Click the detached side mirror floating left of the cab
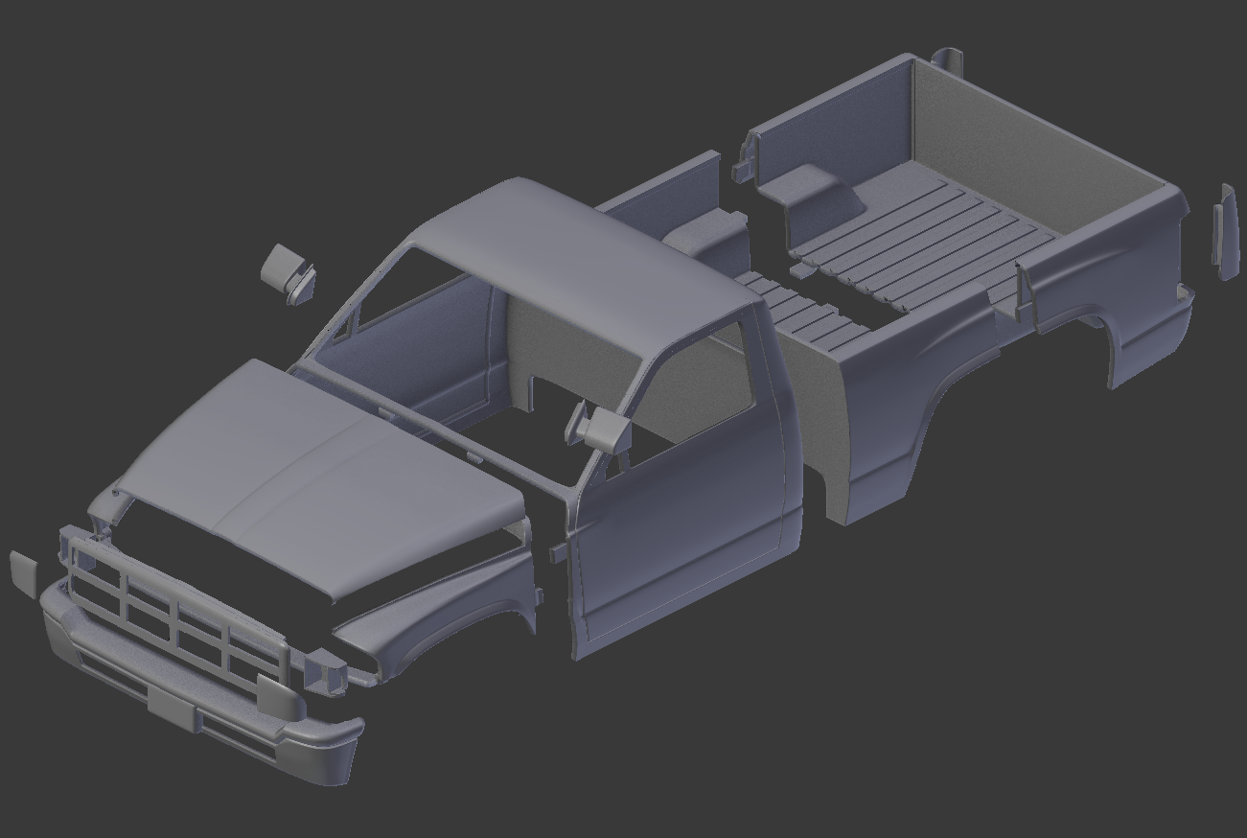288,272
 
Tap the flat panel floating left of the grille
23,572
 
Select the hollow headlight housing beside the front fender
325,668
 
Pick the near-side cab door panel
681,537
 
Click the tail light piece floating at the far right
1226,232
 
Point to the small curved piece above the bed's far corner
947,59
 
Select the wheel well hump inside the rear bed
810,192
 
